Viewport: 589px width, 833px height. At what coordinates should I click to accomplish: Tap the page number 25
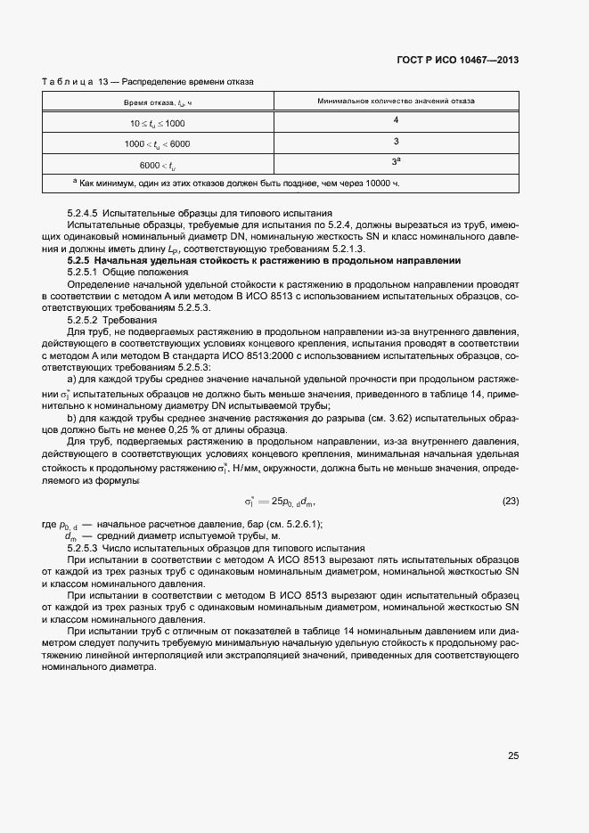coord(512,755)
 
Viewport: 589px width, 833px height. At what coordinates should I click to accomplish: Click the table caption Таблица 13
coord(75,82)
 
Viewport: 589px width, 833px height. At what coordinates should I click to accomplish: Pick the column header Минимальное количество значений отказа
coord(396,101)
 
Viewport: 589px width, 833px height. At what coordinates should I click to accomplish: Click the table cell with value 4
coord(396,120)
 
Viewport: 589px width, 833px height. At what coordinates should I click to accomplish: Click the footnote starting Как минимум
coord(239,183)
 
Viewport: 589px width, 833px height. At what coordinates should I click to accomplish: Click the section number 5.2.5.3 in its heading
coord(86,548)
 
